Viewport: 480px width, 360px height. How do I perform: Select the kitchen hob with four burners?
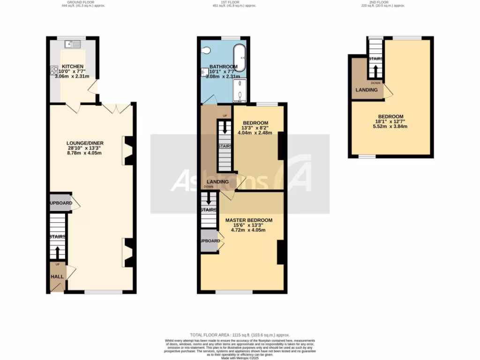point(52,70)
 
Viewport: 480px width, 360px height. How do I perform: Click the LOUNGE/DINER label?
point(85,143)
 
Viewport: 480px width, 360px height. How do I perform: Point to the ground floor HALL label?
point(57,277)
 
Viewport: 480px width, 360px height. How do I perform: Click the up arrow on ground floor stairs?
point(58,252)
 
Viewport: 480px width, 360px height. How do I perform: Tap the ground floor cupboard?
point(60,204)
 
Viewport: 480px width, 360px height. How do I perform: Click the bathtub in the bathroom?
point(239,58)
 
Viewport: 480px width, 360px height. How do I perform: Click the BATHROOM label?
point(223,67)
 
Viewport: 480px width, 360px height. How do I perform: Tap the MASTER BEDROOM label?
point(248,220)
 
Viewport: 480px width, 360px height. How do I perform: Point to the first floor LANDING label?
point(217,182)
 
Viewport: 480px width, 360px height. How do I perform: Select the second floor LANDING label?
point(367,90)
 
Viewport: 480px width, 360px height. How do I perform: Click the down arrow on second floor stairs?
point(375,71)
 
